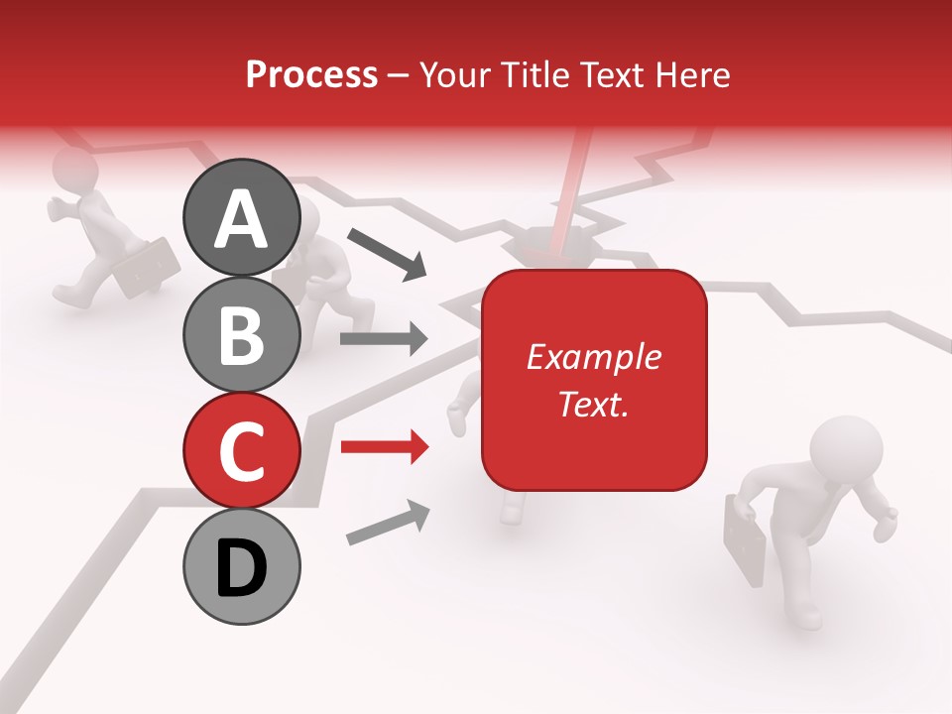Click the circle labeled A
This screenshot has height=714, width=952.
tap(241, 218)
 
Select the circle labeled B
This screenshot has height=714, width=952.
tap(241, 334)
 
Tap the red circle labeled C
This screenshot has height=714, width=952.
tap(241, 450)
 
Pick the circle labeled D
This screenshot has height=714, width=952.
tap(241, 566)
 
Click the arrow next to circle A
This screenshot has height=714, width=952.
tap(386, 252)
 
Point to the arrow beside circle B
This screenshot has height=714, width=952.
tap(384, 340)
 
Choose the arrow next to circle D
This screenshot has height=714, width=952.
tap(388, 524)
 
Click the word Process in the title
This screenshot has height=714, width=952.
tap(311, 75)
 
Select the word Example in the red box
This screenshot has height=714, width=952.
tap(593, 357)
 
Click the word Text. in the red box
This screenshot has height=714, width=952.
tap(593, 403)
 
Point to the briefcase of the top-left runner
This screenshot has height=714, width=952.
tap(147, 267)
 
